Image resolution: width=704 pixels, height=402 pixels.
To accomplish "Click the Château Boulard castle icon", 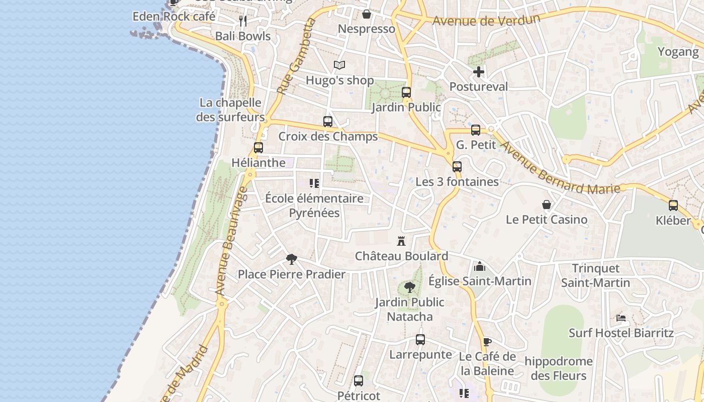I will click(401, 241).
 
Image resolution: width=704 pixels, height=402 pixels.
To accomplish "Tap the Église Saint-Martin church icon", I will click(480, 266).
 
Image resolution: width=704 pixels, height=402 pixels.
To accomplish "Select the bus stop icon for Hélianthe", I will click(258, 148).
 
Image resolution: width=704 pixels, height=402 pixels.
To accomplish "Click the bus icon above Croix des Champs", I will click(328, 122).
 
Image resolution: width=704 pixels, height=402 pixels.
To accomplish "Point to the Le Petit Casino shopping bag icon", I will click(547, 205).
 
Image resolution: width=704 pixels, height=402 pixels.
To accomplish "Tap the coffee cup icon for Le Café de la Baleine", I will click(487, 342).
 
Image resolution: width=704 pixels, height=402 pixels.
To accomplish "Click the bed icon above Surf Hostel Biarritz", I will click(621, 318).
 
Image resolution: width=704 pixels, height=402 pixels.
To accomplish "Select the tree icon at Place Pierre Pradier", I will click(291, 259).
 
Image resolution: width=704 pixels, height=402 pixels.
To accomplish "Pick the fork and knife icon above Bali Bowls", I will click(243, 21).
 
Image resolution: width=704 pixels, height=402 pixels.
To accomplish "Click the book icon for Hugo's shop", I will click(339, 65).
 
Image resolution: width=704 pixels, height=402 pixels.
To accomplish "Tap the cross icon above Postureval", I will click(479, 72).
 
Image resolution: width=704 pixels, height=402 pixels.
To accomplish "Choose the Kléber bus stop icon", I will click(673, 206).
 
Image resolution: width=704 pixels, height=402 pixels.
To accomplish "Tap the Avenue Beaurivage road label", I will click(228, 241).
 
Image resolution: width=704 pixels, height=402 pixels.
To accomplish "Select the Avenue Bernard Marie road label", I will click(560, 169).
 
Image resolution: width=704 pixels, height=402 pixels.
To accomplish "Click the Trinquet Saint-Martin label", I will click(596, 275).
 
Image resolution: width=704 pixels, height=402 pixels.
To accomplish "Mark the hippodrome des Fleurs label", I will click(559, 368).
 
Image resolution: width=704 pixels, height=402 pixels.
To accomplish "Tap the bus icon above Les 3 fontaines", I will click(457, 167).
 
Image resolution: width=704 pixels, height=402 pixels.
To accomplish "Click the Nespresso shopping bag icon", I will click(367, 14).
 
